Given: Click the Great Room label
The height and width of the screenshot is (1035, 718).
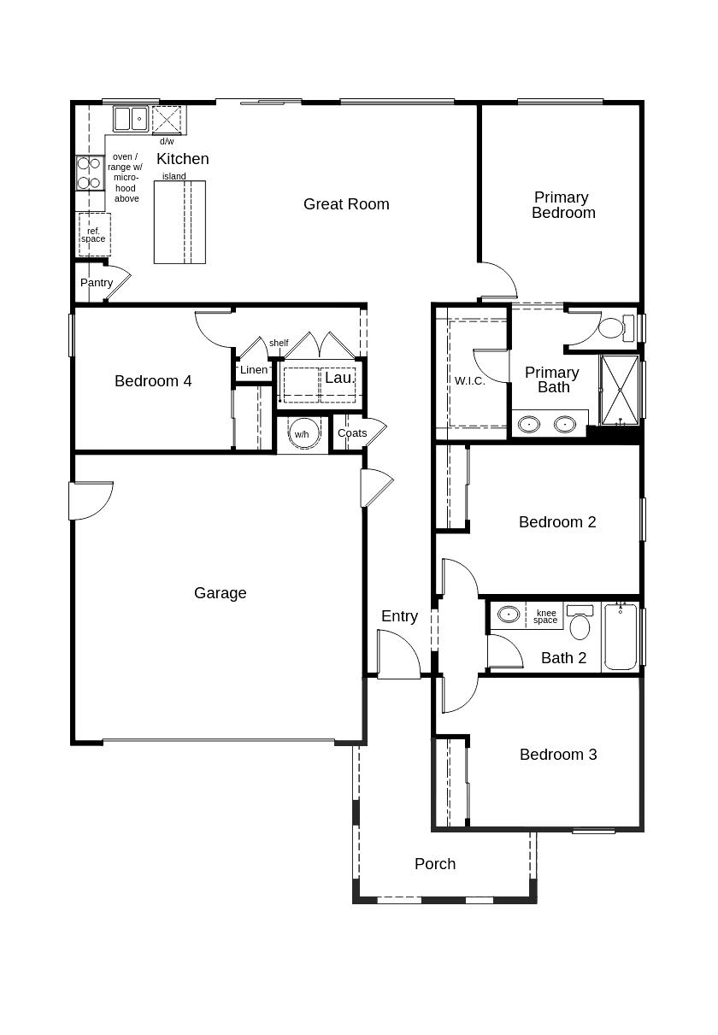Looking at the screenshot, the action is click(346, 204).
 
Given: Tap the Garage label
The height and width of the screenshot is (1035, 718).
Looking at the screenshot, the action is click(220, 593).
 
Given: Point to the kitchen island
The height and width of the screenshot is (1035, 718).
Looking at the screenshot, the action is click(179, 222).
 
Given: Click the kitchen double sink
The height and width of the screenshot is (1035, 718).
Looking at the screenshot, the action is click(131, 119).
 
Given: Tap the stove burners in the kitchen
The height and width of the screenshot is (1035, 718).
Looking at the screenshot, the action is click(89, 173).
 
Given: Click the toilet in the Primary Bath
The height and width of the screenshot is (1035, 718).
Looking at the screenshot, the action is click(616, 327).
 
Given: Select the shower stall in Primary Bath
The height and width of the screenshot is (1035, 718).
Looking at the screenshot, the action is click(619, 390).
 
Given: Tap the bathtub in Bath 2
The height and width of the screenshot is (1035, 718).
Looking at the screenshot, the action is click(621, 637).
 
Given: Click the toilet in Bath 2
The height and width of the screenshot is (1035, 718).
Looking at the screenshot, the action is click(580, 621).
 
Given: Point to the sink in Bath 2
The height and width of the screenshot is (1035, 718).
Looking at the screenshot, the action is click(509, 615).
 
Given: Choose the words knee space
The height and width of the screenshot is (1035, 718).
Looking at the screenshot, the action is click(545, 616).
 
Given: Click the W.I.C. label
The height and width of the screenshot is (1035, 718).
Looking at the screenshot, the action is click(470, 380).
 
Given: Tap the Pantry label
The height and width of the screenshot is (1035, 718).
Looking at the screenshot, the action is click(97, 283).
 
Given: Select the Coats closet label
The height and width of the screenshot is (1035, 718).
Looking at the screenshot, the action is click(352, 433).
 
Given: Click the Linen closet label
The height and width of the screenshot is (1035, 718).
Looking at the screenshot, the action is click(254, 369).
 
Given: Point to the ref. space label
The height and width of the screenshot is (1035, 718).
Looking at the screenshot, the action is click(93, 235).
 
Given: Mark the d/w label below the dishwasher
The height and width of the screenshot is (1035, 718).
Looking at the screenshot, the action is click(167, 141).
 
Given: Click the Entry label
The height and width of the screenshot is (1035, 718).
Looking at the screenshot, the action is click(399, 616).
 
